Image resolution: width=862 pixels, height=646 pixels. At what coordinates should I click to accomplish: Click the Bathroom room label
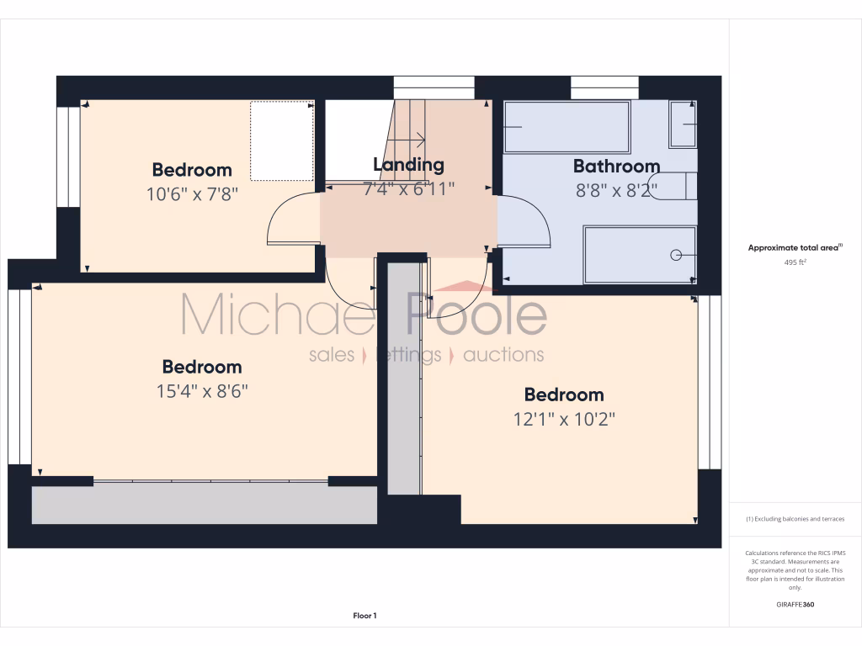pos(616,166)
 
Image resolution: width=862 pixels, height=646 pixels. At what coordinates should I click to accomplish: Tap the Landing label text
pos(408,165)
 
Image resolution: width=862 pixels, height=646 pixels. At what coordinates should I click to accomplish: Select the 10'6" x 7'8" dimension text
pos(192,193)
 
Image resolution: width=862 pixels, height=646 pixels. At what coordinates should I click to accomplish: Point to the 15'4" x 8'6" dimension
pos(202,391)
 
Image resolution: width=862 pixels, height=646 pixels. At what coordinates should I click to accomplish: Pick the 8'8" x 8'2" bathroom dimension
pos(616,190)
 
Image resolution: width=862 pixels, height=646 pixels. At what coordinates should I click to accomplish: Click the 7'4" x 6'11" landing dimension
pos(408,189)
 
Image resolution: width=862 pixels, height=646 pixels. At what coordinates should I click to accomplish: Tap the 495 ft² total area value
pos(795,262)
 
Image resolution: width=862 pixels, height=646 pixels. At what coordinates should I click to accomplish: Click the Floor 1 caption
pos(364,616)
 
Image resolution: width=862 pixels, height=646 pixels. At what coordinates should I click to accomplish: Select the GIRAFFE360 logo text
pos(795,604)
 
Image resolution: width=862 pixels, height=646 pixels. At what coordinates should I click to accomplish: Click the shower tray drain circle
pos(674,254)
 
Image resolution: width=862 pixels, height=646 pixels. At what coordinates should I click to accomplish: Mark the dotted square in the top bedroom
pos(282,140)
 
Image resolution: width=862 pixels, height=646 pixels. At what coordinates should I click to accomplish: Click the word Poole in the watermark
pos(477,316)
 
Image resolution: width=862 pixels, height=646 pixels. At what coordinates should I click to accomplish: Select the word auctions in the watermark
pos(503,354)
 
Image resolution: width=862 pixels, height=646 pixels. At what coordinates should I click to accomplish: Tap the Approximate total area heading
pos(795,247)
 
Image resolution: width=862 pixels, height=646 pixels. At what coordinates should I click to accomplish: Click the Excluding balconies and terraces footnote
pos(795,519)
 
